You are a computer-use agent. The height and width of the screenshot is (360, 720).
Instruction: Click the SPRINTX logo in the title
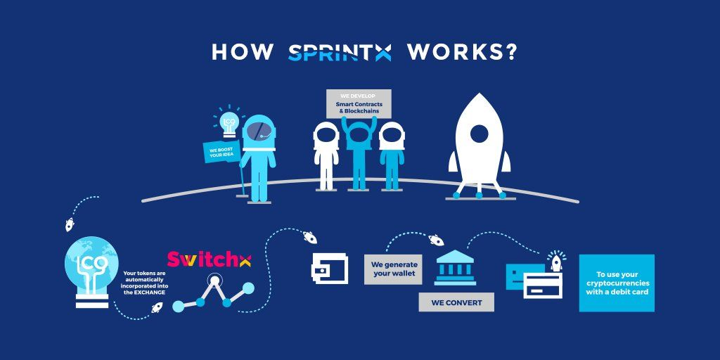coord(340,53)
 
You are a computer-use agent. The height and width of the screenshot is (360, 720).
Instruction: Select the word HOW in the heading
coord(243,53)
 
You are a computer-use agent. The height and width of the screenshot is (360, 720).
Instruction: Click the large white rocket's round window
coord(479,133)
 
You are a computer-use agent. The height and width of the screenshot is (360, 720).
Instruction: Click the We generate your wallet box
coord(393,269)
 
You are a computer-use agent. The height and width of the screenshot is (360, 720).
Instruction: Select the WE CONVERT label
coord(456,302)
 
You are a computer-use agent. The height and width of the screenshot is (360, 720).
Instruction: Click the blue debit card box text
coord(617,283)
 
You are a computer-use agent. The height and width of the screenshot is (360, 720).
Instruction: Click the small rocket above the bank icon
coord(436,240)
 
